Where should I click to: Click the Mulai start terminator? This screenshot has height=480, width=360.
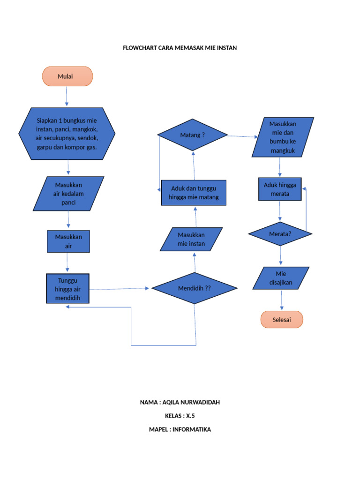[x=67, y=76]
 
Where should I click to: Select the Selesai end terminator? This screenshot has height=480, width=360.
[x=282, y=320]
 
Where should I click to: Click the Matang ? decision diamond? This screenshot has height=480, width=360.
[x=193, y=135]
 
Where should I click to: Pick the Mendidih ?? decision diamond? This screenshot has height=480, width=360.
[x=195, y=288]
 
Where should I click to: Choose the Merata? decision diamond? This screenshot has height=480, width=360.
[x=280, y=233]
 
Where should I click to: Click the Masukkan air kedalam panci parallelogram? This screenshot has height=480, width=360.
[x=68, y=194]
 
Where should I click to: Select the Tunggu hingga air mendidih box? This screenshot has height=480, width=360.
[x=67, y=289]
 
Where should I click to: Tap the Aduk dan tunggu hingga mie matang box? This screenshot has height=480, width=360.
[x=194, y=193]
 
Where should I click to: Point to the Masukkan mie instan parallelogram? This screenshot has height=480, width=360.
[x=191, y=239]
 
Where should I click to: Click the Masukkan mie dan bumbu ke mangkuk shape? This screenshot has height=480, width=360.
[x=283, y=137]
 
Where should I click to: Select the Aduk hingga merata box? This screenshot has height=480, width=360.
[x=280, y=189]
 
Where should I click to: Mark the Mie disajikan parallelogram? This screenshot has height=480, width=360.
[x=281, y=278]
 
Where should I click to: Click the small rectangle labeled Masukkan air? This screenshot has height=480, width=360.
[x=68, y=241]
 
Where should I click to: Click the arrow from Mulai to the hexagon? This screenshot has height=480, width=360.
[x=67, y=97]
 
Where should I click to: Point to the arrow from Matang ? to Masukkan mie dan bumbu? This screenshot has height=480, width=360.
[x=242, y=136]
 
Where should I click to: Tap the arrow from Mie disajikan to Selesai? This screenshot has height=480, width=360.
[x=282, y=300]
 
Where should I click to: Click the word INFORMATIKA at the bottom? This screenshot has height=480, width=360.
[x=192, y=429]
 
